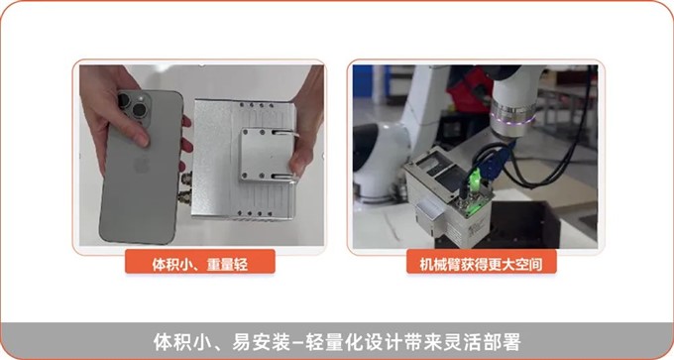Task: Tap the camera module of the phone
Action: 134,107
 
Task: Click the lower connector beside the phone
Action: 186,197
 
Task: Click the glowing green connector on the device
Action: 474,178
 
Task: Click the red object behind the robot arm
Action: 467,89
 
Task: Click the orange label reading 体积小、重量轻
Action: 200,262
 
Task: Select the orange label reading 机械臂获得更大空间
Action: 482,262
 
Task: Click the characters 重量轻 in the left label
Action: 227,264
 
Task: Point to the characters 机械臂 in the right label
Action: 440,264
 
